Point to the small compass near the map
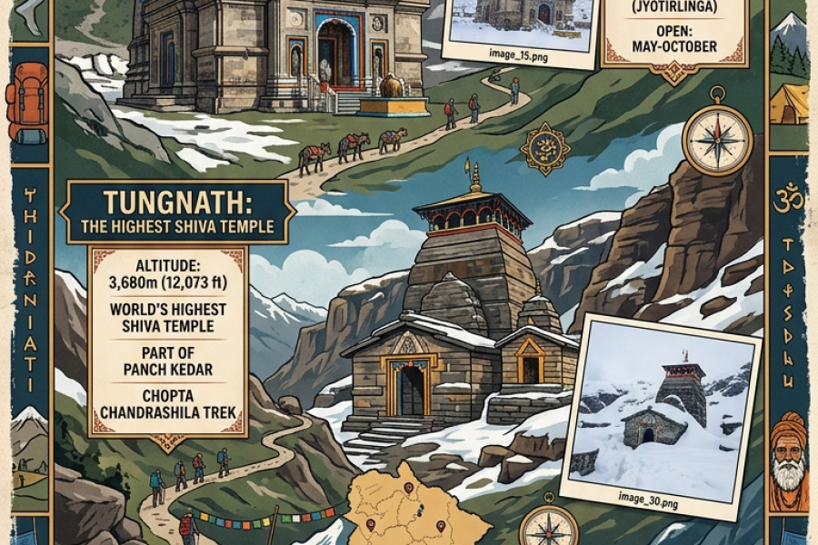[549, 526]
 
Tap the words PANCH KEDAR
[167, 370]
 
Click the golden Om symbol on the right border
[788, 198]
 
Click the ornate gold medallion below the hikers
[545, 148]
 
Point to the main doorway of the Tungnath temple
[410, 390]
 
